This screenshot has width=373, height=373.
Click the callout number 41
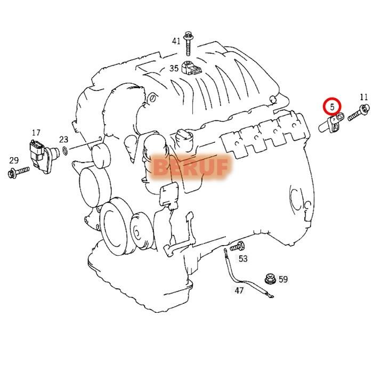(176, 41)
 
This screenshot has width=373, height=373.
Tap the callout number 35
(174, 68)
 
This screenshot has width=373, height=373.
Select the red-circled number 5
(333, 107)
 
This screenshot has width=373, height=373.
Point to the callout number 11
(364, 97)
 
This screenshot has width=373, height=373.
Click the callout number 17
(36, 133)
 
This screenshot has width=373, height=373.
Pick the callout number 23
(63, 140)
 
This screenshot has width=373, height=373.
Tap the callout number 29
(14, 160)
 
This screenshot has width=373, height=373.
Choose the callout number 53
(243, 259)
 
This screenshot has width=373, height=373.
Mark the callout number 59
(283, 279)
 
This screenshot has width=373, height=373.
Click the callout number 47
(239, 290)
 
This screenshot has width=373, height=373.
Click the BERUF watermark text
(191, 167)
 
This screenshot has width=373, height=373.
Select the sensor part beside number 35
(190, 68)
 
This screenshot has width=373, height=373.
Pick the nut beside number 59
(270, 279)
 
